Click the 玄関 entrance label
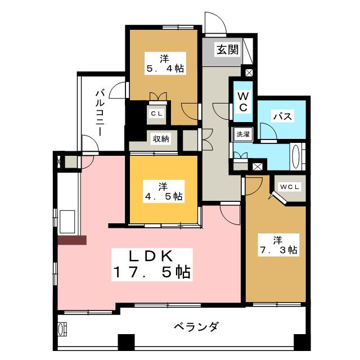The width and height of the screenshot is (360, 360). (x=228, y=49)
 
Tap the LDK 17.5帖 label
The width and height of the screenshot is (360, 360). (x=152, y=264)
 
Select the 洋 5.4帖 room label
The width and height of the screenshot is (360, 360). (x=165, y=64)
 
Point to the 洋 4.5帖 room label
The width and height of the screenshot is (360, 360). (x=164, y=191)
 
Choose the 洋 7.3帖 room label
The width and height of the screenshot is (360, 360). (x=278, y=245)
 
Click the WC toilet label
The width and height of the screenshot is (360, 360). (x=243, y=102)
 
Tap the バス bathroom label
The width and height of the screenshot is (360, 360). (x=282, y=116)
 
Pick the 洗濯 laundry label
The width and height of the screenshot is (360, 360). (x=243, y=134)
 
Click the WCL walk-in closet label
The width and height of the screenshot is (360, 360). (x=290, y=187)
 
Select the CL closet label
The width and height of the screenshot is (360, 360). (x=156, y=114)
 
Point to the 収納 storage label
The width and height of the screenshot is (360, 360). (x=161, y=139)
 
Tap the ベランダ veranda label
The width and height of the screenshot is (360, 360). (x=196, y=326)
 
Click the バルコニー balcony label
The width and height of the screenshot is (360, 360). (x=100, y=113)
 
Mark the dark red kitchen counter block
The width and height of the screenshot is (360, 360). (x=72, y=240)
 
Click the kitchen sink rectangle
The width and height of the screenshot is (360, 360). (x=67, y=222)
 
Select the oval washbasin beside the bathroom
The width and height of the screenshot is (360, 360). (x=295, y=156)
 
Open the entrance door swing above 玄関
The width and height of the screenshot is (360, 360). (x=215, y=23)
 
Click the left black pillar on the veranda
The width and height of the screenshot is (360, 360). (x=126, y=342)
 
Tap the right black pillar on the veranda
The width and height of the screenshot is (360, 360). (x=300, y=342)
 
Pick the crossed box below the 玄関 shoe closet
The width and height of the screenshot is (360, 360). (x=249, y=73)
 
